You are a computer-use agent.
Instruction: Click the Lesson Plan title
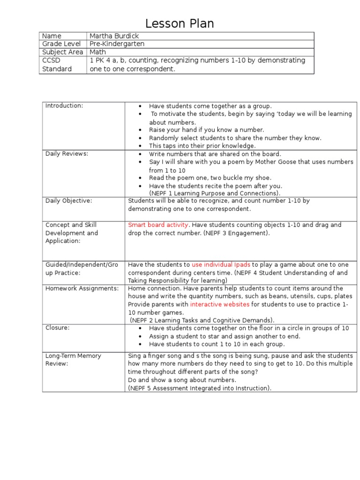pos(180,24)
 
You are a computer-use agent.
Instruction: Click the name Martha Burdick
pos(114,36)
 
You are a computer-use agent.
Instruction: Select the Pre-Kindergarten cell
pos(117,44)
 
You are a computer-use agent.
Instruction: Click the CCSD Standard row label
pos(57,65)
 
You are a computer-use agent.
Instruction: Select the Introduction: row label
pos(64,105)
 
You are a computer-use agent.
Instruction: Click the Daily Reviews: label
pos(67,153)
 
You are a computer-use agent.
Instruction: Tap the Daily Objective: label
pos(68,201)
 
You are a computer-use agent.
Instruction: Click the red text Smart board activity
pos(158,225)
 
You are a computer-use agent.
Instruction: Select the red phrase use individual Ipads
pos(221,264)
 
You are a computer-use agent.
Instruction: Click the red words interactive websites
pos(219,304)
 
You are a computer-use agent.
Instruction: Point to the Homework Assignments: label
pos(82,288)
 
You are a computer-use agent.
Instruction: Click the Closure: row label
pos(57,328)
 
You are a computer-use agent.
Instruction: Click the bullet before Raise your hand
pos(140,130)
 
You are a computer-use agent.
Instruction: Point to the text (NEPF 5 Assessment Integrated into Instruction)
pos(200,388)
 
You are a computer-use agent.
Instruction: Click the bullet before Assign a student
pos(140,337)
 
